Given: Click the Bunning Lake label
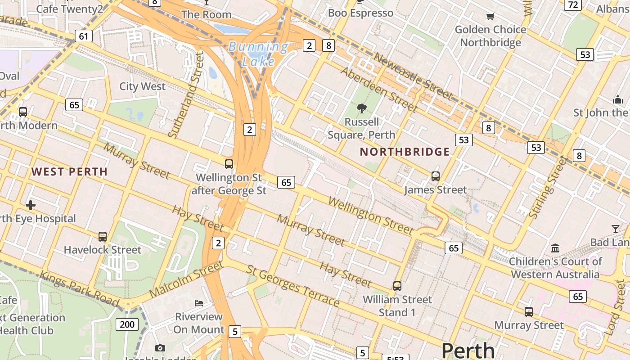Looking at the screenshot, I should click(258, 54).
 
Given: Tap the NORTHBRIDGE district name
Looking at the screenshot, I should click(405, 152).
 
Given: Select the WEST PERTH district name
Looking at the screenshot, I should click(70, 171).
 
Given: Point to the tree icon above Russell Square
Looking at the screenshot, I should click(361, 108).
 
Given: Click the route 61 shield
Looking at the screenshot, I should click(84, 36).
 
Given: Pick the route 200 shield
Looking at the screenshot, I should click(127, 324).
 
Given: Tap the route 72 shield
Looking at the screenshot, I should click(573, 4).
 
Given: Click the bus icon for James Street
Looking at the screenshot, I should click(435, 176).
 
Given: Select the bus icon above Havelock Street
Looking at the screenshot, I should click(103, 236).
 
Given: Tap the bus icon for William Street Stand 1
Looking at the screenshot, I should click(397, 286).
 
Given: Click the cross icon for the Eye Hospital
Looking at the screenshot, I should click(31, 206).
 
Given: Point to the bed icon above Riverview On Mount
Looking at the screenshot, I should click(198, 303).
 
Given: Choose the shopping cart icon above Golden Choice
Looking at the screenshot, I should click(490, 17).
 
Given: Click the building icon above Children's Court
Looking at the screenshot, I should click(555, 248).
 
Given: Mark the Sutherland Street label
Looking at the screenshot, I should click(186, 94).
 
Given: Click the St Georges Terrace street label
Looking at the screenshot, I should click(293, 286).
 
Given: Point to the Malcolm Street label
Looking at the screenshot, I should click(186, 279).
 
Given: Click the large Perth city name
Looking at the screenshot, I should click(468, 350).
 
